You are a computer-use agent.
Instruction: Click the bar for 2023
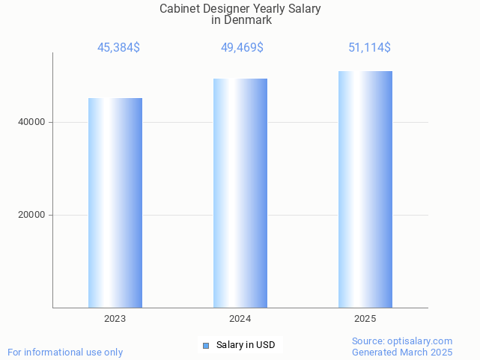115,203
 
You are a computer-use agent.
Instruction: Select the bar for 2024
240,193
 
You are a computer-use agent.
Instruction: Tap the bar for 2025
365,189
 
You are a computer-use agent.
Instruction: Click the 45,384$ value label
118,48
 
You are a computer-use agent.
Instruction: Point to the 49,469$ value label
242,48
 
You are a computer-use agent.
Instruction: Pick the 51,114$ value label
369,48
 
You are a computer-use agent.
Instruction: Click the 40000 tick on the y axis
31,122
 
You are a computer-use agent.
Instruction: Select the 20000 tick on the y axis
31,215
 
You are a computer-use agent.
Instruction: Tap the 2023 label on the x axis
115,319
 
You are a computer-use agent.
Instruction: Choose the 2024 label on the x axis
240,319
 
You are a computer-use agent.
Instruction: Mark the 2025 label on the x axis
365,319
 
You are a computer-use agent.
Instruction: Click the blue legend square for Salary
206,345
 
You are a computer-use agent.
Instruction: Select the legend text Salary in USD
246,345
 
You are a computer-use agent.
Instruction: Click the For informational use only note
65,352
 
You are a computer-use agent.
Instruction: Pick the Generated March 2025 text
402,352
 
